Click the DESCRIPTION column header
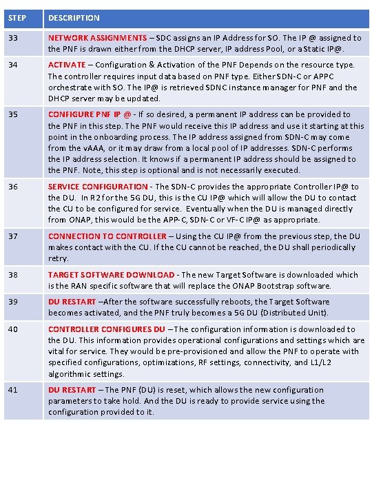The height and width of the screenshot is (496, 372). point(74,18)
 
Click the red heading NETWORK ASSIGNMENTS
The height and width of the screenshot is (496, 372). point(97,38)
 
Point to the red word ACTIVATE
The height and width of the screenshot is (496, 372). point(67,65)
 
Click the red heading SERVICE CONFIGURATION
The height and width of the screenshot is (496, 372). point(98,187)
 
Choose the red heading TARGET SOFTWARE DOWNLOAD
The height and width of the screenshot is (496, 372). point(111,274)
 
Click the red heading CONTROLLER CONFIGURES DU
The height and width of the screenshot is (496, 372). point(107,329)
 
